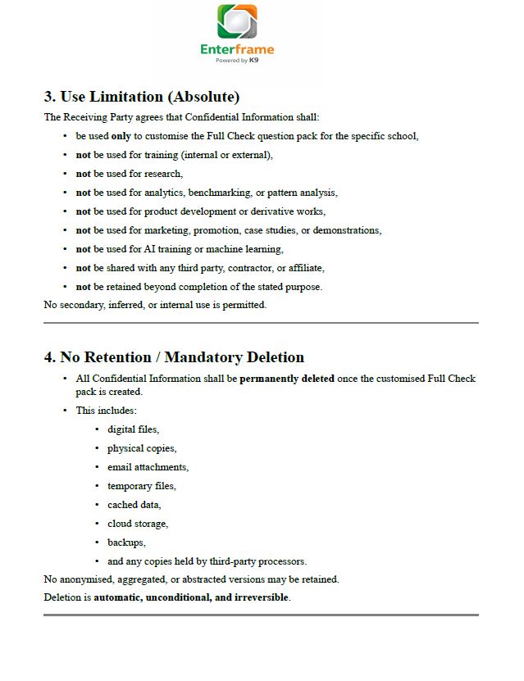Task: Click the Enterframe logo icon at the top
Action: (237, 22)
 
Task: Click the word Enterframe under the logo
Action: (237, 49)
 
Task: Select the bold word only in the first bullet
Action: (121, 136)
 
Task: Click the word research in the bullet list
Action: (163, 174)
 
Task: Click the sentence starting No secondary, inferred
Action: (155, 305)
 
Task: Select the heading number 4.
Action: (49, 357)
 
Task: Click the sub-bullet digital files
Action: (133, 429)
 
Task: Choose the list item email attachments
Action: (148, 467)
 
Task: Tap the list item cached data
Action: (134, 505)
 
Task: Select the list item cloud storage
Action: (137, 524)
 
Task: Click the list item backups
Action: (126, 543)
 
